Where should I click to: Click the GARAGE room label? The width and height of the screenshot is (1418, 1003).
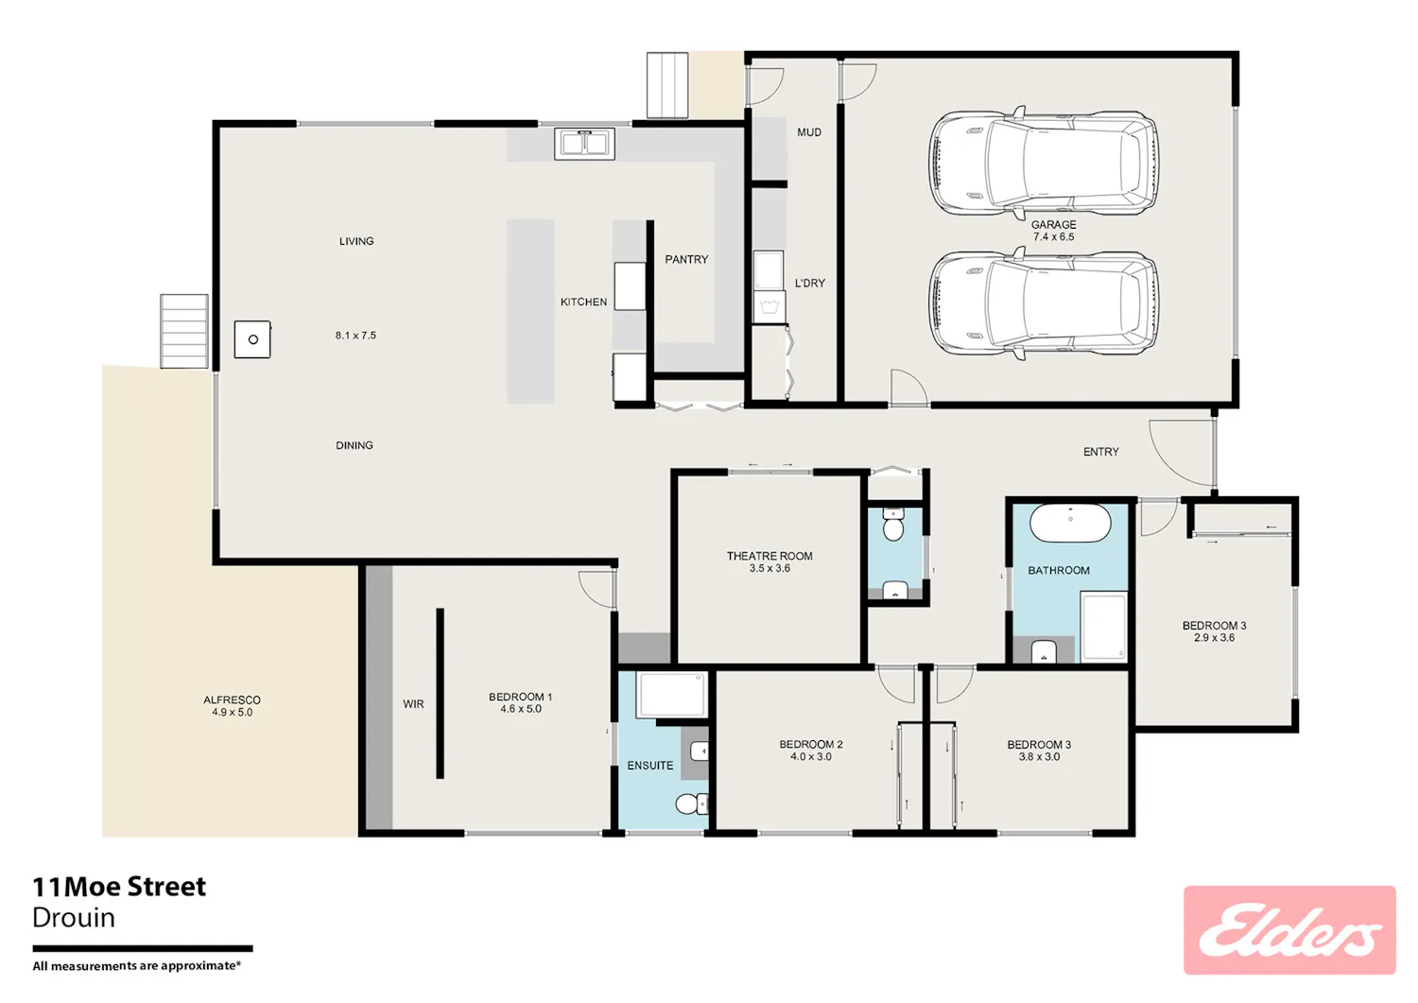(1053, 225)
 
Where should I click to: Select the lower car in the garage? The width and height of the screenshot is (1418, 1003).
(1044, 303)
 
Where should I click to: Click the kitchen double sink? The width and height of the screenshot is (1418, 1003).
(584, 144)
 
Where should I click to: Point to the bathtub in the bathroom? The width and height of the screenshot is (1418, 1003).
(1070, 523)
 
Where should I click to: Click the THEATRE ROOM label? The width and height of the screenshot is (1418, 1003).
(770, 556)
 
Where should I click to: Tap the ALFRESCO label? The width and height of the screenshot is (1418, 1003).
(232, 700)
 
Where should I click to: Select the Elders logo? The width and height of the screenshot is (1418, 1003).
(1289, 929)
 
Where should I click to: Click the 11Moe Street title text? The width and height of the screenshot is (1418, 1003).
(120, 887)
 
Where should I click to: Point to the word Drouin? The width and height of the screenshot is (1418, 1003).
(74, 918)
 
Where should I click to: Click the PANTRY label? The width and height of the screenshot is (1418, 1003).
(686, 260)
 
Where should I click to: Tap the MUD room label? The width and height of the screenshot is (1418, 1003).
(809, 132)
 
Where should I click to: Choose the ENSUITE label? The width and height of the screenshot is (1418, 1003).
(650, 766)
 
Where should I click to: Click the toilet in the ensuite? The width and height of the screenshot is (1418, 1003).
(691, 804)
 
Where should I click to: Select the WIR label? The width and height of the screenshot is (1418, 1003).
(413, 704)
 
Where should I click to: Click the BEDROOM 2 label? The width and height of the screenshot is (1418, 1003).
(811, 745)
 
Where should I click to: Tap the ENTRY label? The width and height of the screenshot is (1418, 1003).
(1101, 452)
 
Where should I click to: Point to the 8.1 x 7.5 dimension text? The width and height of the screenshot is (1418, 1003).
(355, 336)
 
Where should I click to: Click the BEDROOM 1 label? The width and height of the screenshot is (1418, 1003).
(520, 697)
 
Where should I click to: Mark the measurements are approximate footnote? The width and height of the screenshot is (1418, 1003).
(137, 966)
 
